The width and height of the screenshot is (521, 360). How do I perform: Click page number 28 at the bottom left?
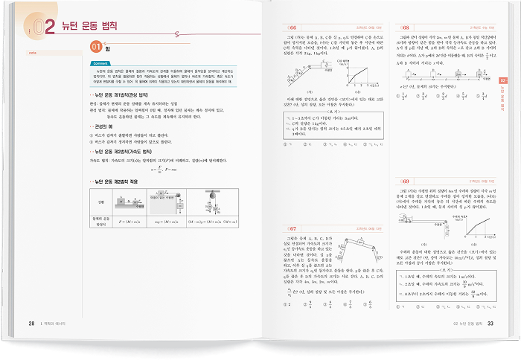[x=31, y=323]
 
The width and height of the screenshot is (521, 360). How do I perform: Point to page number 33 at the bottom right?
[x=490, y=323]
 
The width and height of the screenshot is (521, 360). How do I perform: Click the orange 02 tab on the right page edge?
[x=502, y=81]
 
